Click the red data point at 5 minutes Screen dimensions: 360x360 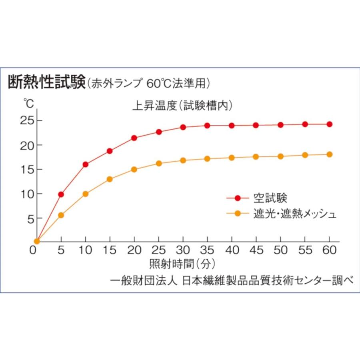click(x=61, y=194)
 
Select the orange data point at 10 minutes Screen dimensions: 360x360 click(x=85, y=194)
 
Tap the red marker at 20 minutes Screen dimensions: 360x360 click(x=134, y=138)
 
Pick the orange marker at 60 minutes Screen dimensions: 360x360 click(x=330, y=154)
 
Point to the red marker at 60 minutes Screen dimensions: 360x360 click(x=330, y=124)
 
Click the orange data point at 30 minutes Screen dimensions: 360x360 click(x=183, y=160)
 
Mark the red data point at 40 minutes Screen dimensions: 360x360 click(x=232, y=126)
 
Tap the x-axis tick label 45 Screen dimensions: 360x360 click(x=256, y=251)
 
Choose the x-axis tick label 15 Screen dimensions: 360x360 click(x=109, y=251)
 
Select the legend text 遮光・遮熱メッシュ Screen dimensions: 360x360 click(x=295, y=214)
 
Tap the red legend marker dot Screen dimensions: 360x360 click(x=237, y=198)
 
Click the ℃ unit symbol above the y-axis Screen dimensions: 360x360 click(x=28, y=103)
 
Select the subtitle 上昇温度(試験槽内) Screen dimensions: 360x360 click(x=182, y=106)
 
